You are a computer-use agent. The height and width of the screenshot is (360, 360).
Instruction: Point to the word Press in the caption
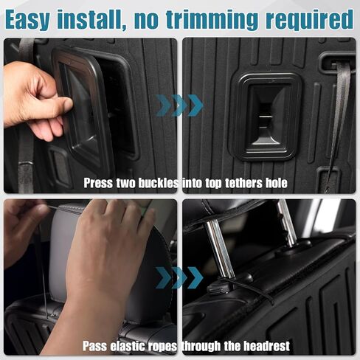pos(98,182)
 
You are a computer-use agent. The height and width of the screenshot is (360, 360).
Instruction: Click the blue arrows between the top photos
pos(179,105)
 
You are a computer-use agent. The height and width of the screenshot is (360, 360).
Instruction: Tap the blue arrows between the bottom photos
pos(179,277)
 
